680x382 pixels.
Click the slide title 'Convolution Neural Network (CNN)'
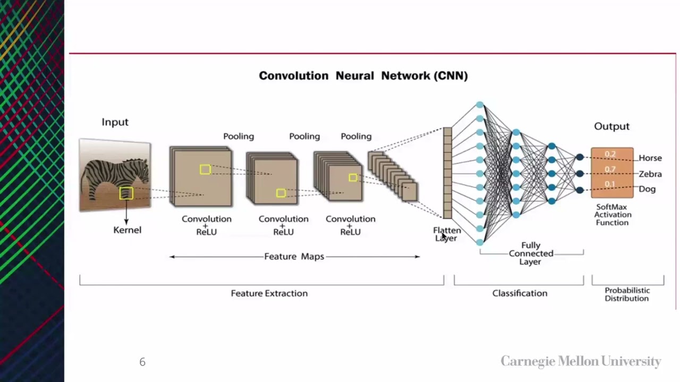pyautogui.click(x=363, y=76)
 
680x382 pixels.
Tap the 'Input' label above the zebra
pyautogui.click(x=115, y=122)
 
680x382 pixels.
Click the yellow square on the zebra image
pyautogui.click(x=126, y=193)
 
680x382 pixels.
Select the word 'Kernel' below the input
pyautogui.click(x=127, y=230)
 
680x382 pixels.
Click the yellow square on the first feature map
pyautogui.click(x=205, y=169)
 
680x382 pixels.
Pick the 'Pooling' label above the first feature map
pyautogui.click(x=238, y=136)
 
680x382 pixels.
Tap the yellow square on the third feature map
pyautogui.click(x=353, y=178)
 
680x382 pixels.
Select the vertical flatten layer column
pyautogui.click(x=447, y=173)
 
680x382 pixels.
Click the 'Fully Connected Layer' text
pyautogui.click(x=531, y=254)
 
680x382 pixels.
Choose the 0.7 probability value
pyautogui.click(x=610, y=170)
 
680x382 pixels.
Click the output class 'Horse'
pyautogui.click(x=650, y=158)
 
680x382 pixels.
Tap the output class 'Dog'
pyautogui.click(x=647, y=189)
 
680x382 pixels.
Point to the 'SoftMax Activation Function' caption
pyautogui.click(x=612, y=215)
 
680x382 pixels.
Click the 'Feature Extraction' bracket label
pyautogui.click(x=269, y=293)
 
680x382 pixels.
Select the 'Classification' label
pyautogui.click(x=519, y=293)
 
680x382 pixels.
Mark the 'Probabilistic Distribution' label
pyautogui.click(x=627, y=294)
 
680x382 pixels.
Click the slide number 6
pyautogui.click(x=142, y=362)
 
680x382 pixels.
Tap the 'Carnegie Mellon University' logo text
pyautogui.click(x=581, y=362)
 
